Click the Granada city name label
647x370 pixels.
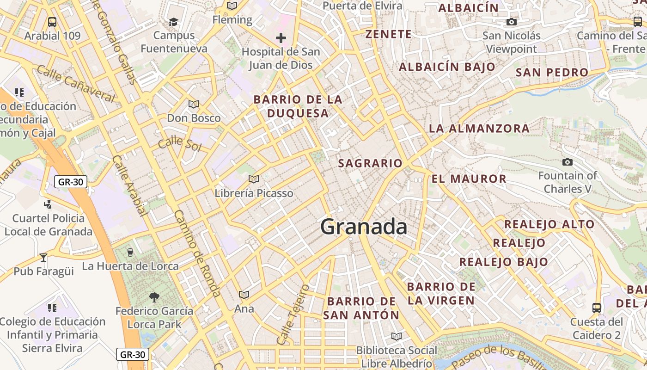coord(364,227)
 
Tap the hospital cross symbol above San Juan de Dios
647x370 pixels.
coord(281,37)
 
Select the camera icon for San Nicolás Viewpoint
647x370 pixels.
coord(511,22)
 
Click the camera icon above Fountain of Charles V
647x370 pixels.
coord(567,162)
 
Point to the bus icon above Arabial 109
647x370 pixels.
coord(52,22)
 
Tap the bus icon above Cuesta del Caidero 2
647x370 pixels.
coord(597,308)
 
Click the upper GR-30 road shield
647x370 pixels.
coord(71,182)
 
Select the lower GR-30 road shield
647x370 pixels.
coord(133,355)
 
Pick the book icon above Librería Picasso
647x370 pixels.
coord(253,179)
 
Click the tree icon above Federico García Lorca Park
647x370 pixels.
coord(154,297)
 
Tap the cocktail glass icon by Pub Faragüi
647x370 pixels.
coord(43,257)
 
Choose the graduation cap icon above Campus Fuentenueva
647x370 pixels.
coord(173,22)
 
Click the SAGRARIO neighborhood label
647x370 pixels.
coord(370,163)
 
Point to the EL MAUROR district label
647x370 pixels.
coord(469,179)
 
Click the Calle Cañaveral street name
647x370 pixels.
coord(75,84)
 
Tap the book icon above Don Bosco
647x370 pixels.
coord(193,104)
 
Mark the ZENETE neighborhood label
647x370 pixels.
coord(388,34)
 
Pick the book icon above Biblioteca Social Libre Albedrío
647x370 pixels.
coord(396,336)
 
